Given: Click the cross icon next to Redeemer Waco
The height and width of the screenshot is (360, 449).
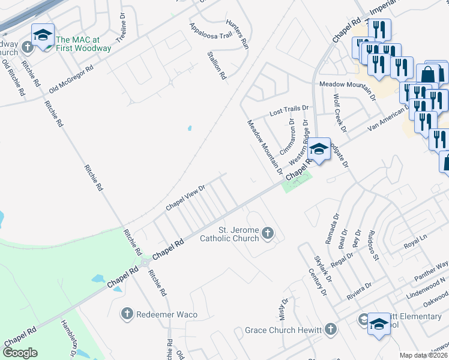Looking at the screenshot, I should (127, 314).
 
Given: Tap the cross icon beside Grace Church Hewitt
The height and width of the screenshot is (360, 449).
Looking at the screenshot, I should (330, 329).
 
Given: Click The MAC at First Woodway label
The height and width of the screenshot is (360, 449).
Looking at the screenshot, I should (83, 44).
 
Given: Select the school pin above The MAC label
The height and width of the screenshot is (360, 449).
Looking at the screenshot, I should (43, 35).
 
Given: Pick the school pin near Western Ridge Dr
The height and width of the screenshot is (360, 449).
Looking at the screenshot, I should (319, 150).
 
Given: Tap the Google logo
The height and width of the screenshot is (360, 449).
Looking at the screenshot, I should (20, 353).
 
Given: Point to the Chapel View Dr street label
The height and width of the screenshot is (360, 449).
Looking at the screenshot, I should (185, 197).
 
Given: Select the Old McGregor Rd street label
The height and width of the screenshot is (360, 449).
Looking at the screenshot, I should (71, 79).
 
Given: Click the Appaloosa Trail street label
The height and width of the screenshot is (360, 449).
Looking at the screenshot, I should (210, 31).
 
